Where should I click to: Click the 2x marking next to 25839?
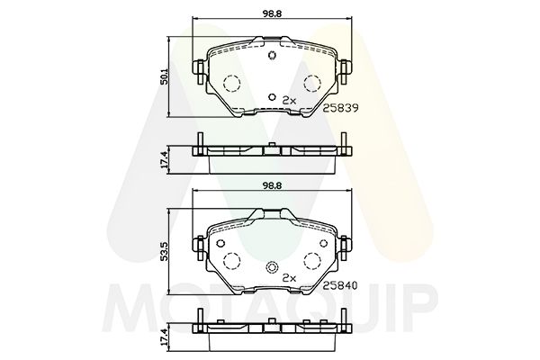click(x=289, y=100)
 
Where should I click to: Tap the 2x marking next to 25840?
click(x=289, y=278)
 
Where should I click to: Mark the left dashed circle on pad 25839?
click(x=229, y=84)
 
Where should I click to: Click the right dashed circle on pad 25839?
click(x=313, y=84)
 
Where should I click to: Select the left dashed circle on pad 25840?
click(x=229, y=262)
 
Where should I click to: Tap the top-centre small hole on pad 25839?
click(x=272, y=54)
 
